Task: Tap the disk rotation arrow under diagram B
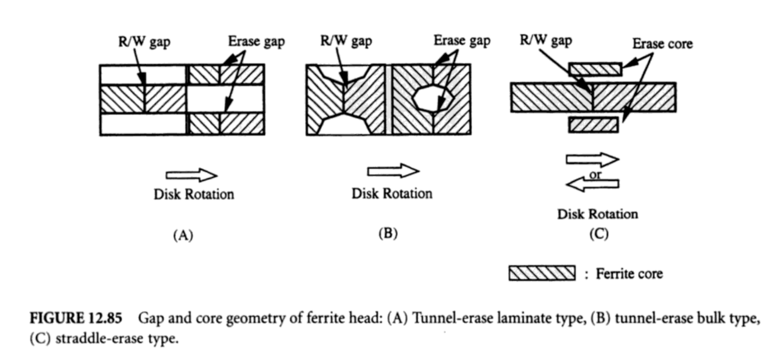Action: pyautogui.click(x=393, y=171)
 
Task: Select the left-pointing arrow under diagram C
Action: pyautogui.click(x=593, y=183)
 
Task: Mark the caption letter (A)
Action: pyautogui.click(x=183, y=236)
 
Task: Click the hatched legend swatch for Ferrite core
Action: pyautogui.click(x=542, y=273)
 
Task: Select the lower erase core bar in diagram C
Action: pyautogui.click(x=593, y=125)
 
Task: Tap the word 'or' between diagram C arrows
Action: pyautogui.click(x=595, y=174)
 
